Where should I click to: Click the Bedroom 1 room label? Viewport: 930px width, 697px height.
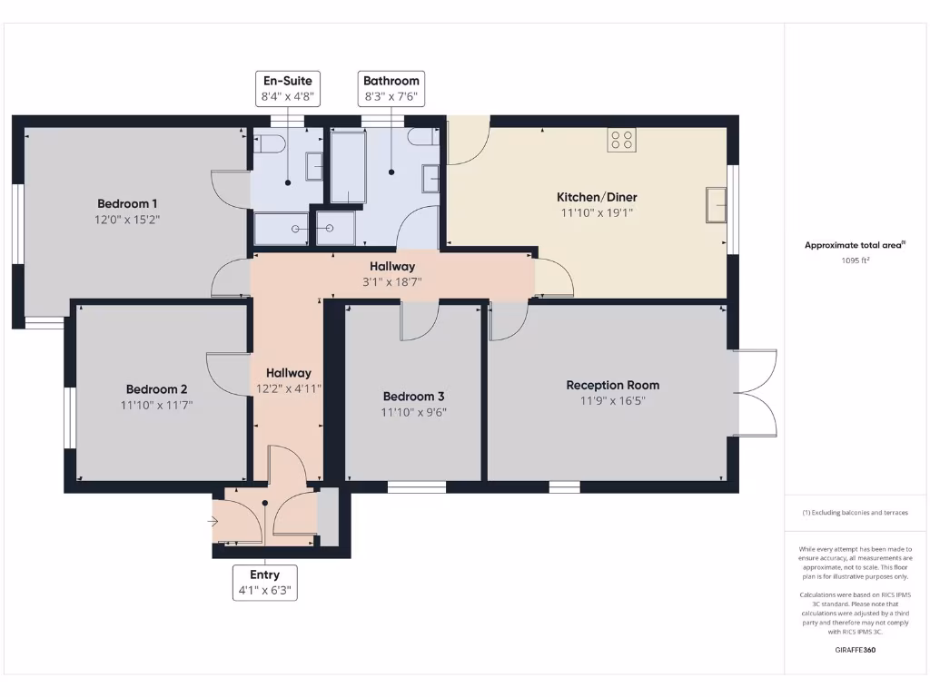coord(128,203)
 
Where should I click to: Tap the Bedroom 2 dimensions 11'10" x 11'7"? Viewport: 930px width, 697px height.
coord(157,405)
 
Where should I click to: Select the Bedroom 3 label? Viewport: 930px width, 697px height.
coord(413,397)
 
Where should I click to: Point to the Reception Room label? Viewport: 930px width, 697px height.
coord(612,385)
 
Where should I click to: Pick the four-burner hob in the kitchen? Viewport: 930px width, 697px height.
coord(622,139)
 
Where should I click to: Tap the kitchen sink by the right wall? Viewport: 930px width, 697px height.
coord(717,205)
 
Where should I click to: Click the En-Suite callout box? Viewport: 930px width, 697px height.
coord(287,88)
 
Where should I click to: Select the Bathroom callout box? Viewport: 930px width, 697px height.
coord(391,88)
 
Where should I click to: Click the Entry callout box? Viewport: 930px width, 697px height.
coord(265,582)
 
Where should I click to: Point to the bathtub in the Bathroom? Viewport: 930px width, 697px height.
coord(348,166)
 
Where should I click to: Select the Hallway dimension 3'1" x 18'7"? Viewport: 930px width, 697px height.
coord(392,281)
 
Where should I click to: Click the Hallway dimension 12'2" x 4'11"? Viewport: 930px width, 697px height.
coord(289,388)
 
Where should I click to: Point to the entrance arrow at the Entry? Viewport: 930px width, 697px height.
coord(213,522)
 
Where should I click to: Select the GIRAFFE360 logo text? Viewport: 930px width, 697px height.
coord(855,650)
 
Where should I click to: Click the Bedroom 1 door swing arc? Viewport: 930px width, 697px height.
coord(227,186)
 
